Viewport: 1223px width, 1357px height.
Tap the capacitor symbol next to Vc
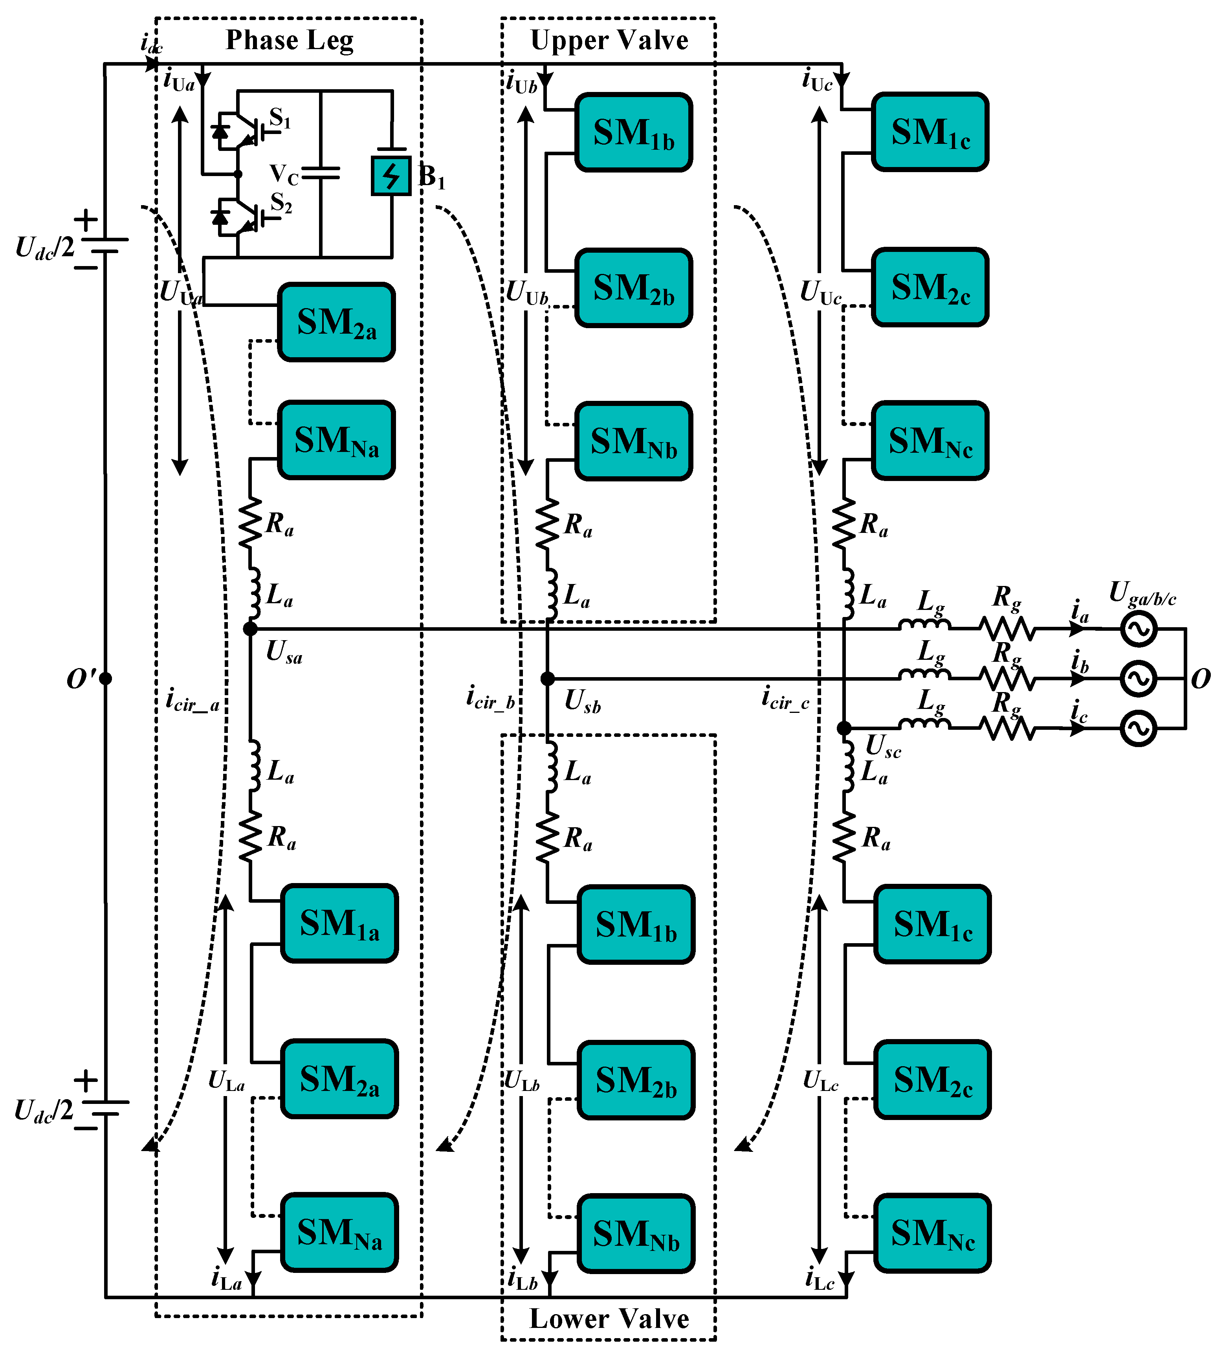(321, 173)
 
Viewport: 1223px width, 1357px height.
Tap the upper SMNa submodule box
(336, 440)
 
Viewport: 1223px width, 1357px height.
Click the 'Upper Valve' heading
(609, 40)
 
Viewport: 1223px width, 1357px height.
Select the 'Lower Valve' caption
(609, 1319)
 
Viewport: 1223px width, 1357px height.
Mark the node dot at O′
(106, 679)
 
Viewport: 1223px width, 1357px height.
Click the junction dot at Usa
(250, 628)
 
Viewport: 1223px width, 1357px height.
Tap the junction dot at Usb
(548, 679)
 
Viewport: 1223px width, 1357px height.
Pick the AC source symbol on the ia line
(1138, 629)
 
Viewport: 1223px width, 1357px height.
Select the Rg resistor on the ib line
(1007, 678)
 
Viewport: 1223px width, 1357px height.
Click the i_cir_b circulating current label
(491, 698)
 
